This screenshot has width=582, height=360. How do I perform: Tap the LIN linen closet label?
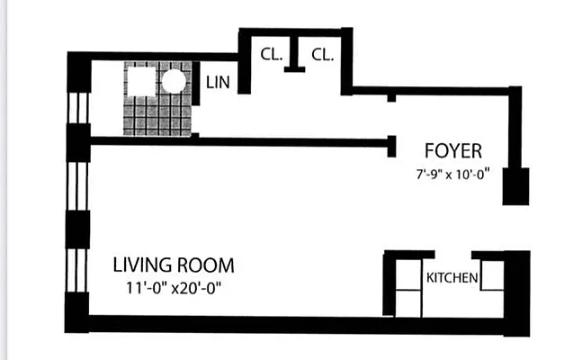tap(218, 82)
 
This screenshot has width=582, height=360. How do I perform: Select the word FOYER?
tap(453, 150)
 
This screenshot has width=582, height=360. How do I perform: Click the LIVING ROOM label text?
tap(174, 265)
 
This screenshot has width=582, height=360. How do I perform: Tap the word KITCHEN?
tap(452, 277)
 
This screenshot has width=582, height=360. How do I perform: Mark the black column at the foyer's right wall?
tap(515, 185)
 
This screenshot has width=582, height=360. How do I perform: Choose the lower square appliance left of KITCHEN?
tap(408, 302)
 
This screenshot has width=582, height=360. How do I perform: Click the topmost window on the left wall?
tap(78, 107)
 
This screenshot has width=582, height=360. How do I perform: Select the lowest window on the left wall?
tap(78, 269)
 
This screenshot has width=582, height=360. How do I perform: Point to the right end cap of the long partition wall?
tap(392, 144)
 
